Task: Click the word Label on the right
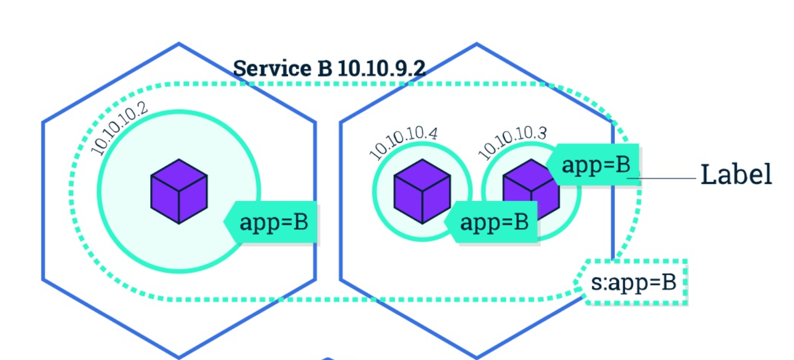tap(736, 175)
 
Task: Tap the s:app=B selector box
tap(633, 282)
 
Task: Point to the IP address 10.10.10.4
tap(403, 143)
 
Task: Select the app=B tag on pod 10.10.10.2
tap(273, 223)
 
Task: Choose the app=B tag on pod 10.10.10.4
tap(493, 222)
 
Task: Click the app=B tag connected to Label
tap(595, 164)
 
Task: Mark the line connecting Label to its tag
tap(668, 178)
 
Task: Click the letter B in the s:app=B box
tap(668, 282)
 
